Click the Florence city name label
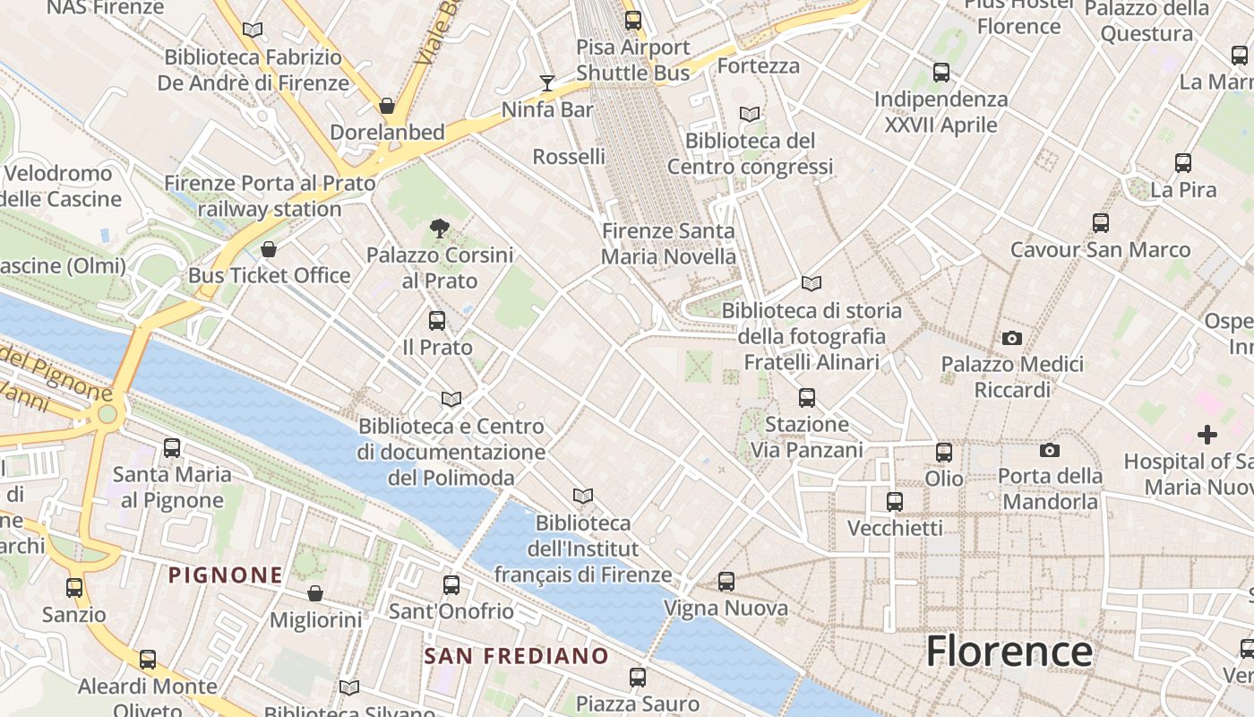1009,650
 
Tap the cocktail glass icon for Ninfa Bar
547,83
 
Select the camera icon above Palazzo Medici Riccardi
1012,338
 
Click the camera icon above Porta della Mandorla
1050,450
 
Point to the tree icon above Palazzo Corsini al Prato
439,229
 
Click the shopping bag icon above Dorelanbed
387,106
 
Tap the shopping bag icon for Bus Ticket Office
269,249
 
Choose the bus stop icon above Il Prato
437,321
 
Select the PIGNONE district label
226,575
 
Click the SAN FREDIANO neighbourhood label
516,656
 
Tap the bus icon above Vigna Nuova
726,582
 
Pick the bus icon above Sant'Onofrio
451,585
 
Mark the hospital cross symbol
1207,435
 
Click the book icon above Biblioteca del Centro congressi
750,115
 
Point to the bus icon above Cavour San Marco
1101,223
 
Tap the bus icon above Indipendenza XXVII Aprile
940,73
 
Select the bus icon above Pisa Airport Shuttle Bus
633,20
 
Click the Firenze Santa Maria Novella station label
668,244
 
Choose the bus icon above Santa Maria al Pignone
172,447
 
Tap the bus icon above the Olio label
944,453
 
